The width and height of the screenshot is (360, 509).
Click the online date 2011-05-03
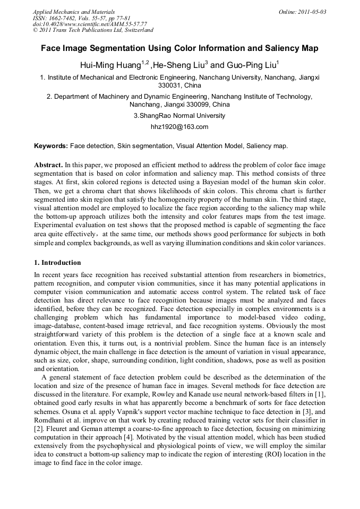tap(313, 12)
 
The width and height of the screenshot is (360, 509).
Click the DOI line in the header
tap(90, 24)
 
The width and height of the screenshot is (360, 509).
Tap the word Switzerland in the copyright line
tap(136, 30)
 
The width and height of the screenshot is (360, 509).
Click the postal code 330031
tap(170, 85)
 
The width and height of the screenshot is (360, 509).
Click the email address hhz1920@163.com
tap(179, 127)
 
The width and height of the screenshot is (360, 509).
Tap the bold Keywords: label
tap(51, 145)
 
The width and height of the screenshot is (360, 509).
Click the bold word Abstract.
tap(48, 165)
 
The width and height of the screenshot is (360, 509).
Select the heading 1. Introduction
tap(57, 263)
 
